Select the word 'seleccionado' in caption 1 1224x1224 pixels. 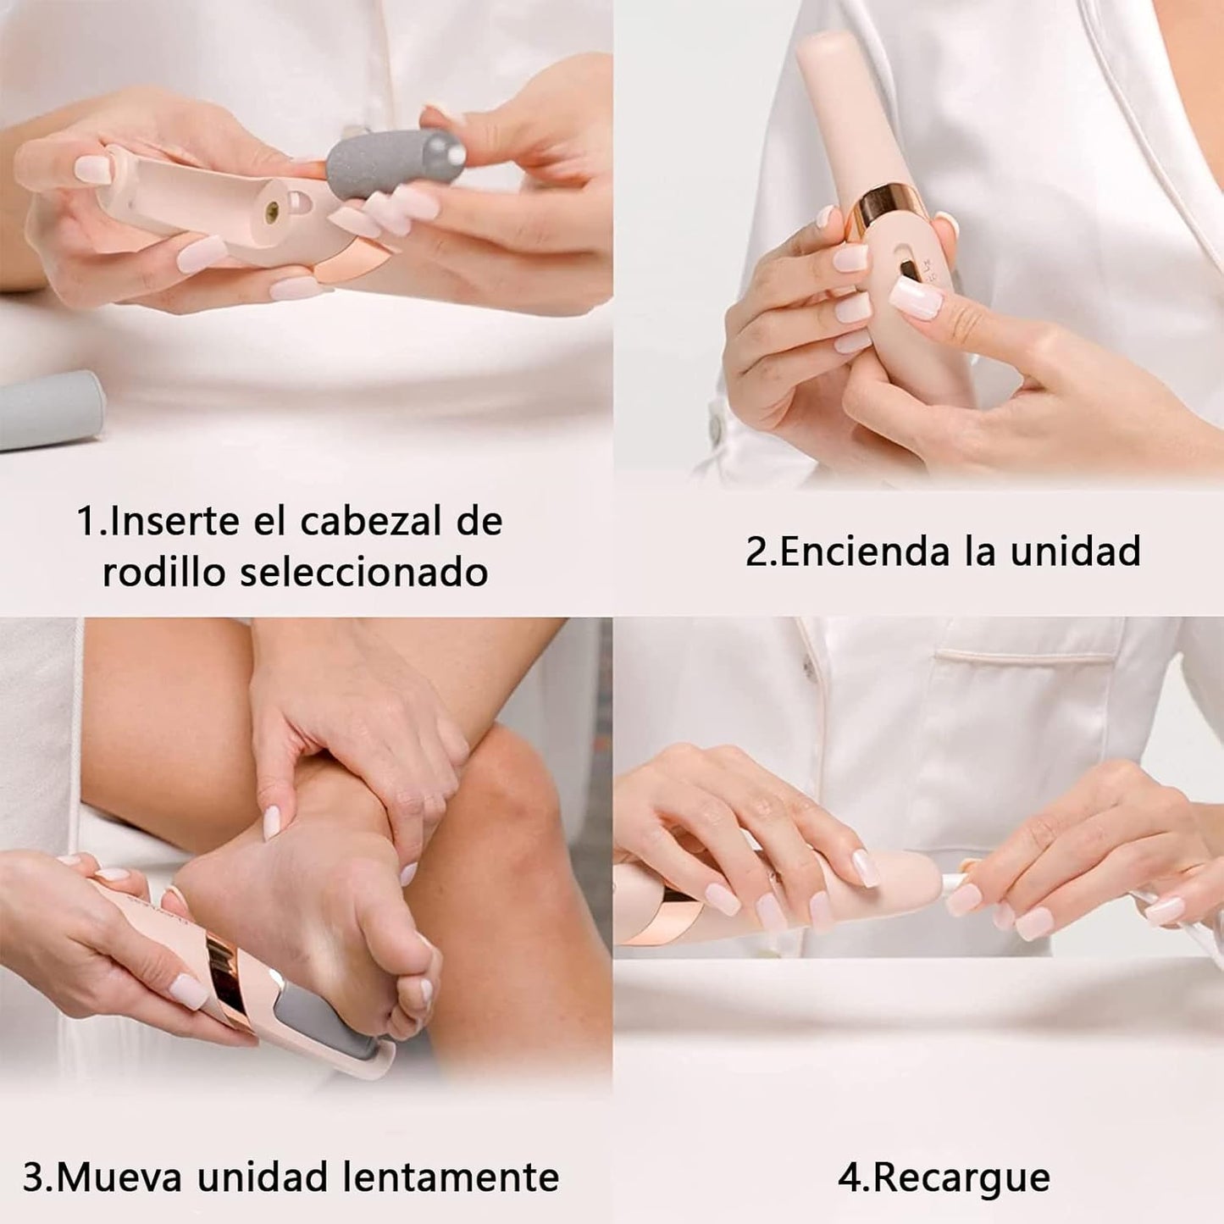click(364, 573)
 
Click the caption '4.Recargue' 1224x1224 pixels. click(944, 1177)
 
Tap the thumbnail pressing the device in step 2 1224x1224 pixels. click(917, 297)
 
